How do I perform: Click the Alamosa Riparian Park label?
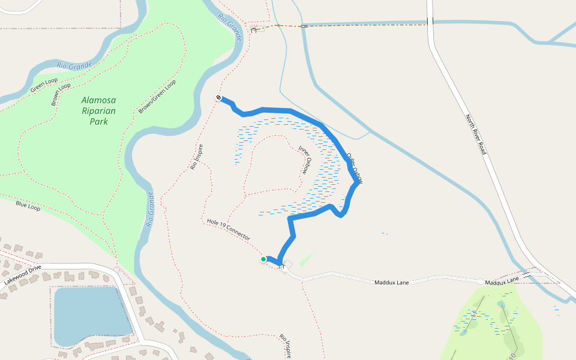tap(98, 110)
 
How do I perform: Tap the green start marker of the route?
tap(263, 259)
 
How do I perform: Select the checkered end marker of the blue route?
tap(219, 98)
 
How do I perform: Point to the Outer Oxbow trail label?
tap(355, 168)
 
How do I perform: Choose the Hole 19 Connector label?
tap(228, 229)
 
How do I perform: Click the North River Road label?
tap(475, 134)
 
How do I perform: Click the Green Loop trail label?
tap(44, 86)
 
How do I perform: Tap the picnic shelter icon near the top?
tap(254, 29)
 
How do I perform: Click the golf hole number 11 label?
tap(475, 314)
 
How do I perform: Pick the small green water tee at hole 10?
tap(501, 305)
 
